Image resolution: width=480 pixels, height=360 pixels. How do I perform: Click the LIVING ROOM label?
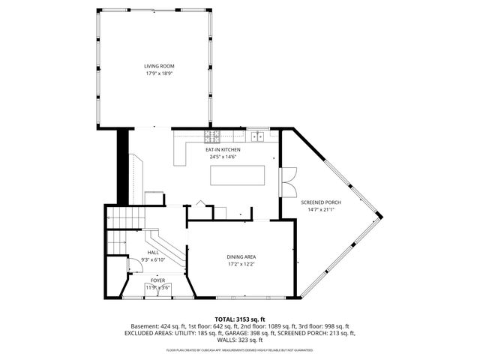pos(154,67)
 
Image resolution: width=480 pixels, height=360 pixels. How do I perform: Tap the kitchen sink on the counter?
pos(259,136)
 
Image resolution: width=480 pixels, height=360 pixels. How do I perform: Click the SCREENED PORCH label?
pos(320,202)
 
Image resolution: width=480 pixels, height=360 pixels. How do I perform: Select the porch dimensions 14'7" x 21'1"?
pos(320,210)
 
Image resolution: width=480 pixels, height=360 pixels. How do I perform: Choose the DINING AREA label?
pos(241,257)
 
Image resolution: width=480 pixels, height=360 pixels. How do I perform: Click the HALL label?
pos(153,253)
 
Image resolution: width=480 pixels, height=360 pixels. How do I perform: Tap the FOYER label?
pos(157,280)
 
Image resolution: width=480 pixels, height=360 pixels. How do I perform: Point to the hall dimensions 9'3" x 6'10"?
pos(153,259)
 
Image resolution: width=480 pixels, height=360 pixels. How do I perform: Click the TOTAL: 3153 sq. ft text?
pos(240,319)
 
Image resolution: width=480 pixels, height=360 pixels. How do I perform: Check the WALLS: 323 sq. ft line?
pos(240,339)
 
